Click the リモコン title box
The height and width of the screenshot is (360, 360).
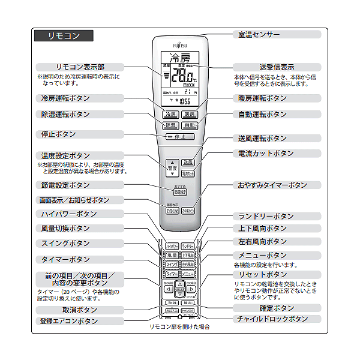(64, 36)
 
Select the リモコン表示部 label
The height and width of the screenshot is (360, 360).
(80, 67)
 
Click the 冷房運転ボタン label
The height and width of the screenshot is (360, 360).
(66, 98)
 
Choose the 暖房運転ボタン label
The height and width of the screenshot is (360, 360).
(263, 98)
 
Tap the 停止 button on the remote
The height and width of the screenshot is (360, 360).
(180, 137)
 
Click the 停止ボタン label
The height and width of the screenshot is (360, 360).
(59, 134)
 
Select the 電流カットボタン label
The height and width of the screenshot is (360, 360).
(266, 154)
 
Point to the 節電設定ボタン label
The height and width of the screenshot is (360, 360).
(66, 185)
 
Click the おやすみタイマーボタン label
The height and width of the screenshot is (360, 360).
(272, 185)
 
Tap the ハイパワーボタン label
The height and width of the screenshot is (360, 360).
(69, 214)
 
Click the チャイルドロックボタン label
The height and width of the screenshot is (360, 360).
(272, 319)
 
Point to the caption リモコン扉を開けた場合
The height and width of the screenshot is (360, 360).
(180, 328)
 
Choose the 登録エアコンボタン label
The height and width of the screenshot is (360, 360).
(70, 321)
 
